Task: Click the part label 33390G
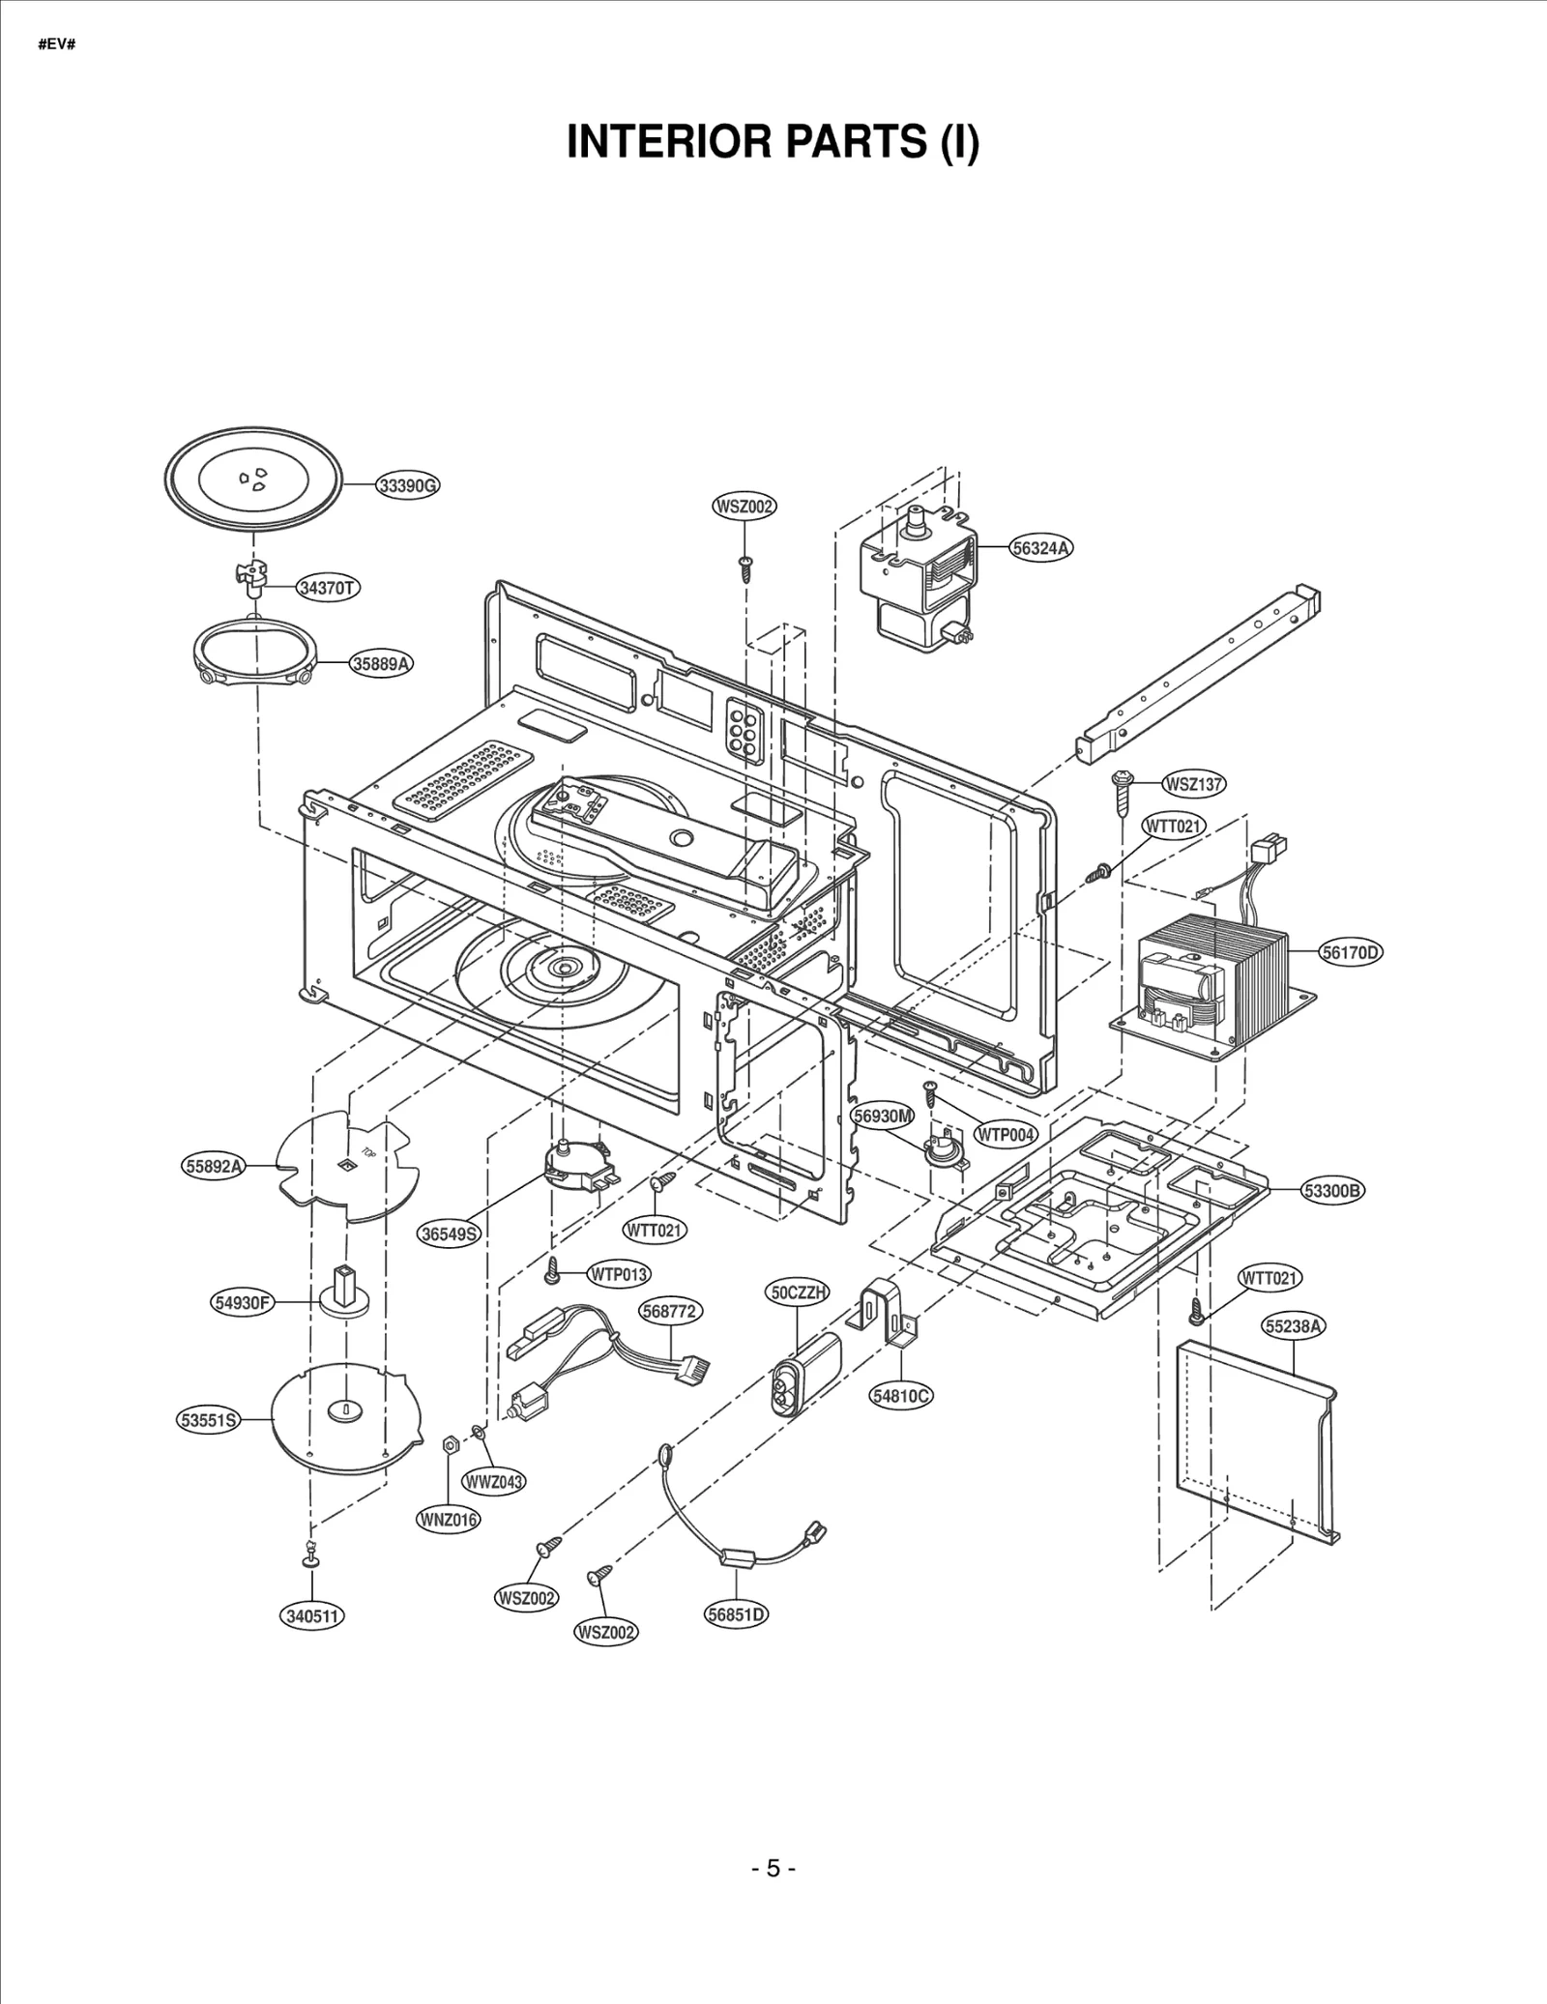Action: pos(406,485)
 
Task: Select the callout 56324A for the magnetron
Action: pos(1041,548)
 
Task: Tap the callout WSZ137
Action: pos(1193,784)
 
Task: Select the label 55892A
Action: pos(213,1166)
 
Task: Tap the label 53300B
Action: pos(1333,1191)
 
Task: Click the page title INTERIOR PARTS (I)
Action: pos(773,142)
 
